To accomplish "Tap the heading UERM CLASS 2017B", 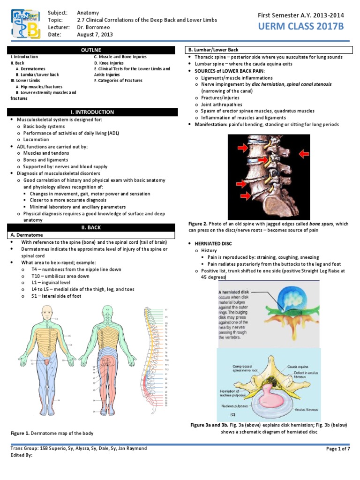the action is pyautogui.click(x=301, y=27).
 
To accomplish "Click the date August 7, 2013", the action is pyautogui.click(x=95, y=35).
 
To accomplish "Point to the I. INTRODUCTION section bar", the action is pyautogui.click(x=92, y=112).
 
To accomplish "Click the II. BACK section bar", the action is pyautogui.click(x=92, y=228).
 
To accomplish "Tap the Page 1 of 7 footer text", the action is pyautogui.click(x=338, y=449).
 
